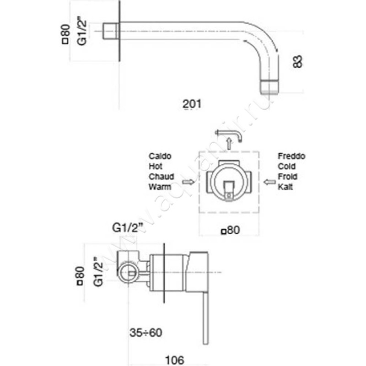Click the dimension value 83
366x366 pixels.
coord(298,61)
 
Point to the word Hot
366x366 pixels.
coord(156,167)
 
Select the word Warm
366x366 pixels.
coord(159,187)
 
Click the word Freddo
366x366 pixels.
coord(291,156)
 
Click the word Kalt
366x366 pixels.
coord(286,187)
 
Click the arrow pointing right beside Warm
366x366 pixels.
coord(188,182)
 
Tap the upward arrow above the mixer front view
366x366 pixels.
coord(228,144)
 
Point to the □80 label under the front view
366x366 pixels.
coord(231,230)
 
